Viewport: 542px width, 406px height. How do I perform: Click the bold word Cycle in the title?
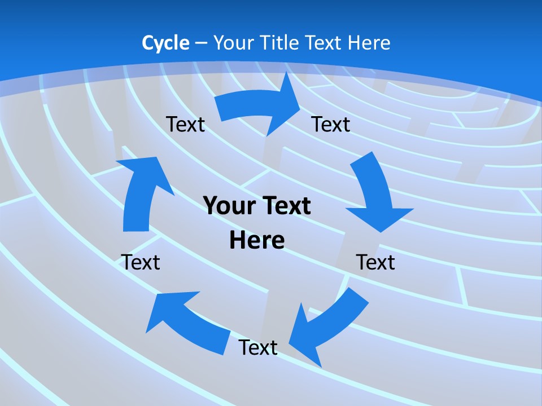pos(165,43)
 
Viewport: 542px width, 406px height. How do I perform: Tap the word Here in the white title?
pos(369,43)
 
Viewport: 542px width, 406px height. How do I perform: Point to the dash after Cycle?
pos(201,43)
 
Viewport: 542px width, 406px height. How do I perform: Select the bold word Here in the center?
pos(257,240)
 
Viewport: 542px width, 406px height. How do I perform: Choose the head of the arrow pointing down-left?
pos(305,338)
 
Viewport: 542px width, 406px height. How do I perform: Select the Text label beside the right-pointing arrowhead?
pos(331,124)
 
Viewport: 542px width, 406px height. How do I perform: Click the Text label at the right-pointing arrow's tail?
pos(185,124)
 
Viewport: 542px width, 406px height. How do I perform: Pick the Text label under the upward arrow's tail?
pos(141,262)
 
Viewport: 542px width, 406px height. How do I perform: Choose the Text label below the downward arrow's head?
pos(375,262)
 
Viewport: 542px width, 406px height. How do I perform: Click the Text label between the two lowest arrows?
pos(258,347)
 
